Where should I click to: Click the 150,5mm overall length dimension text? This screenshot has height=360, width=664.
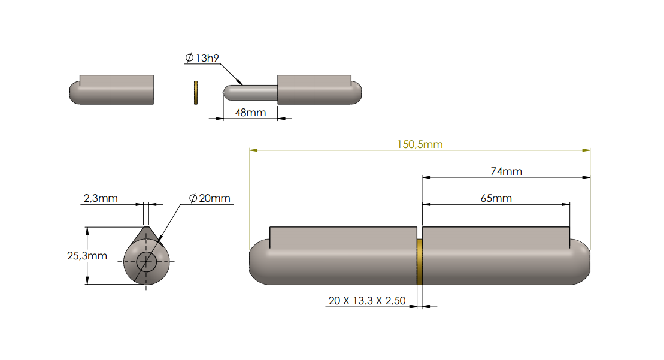click(420, 144)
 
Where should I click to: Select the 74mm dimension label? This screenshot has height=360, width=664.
click(506, 171)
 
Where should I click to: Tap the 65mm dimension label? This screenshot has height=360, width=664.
click(496, 198)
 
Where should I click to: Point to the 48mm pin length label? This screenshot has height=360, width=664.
click(250, 113)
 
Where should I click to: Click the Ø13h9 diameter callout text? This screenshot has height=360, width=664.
click(202, 58)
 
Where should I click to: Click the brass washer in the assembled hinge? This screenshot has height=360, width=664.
click(420, 262)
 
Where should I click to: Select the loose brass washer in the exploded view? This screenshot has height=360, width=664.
click(195, 92)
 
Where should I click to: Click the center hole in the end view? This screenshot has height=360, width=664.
click(146, 261)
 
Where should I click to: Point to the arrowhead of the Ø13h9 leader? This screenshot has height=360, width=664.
click(240, 83)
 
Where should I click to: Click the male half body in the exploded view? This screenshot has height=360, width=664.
click(317, 91)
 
